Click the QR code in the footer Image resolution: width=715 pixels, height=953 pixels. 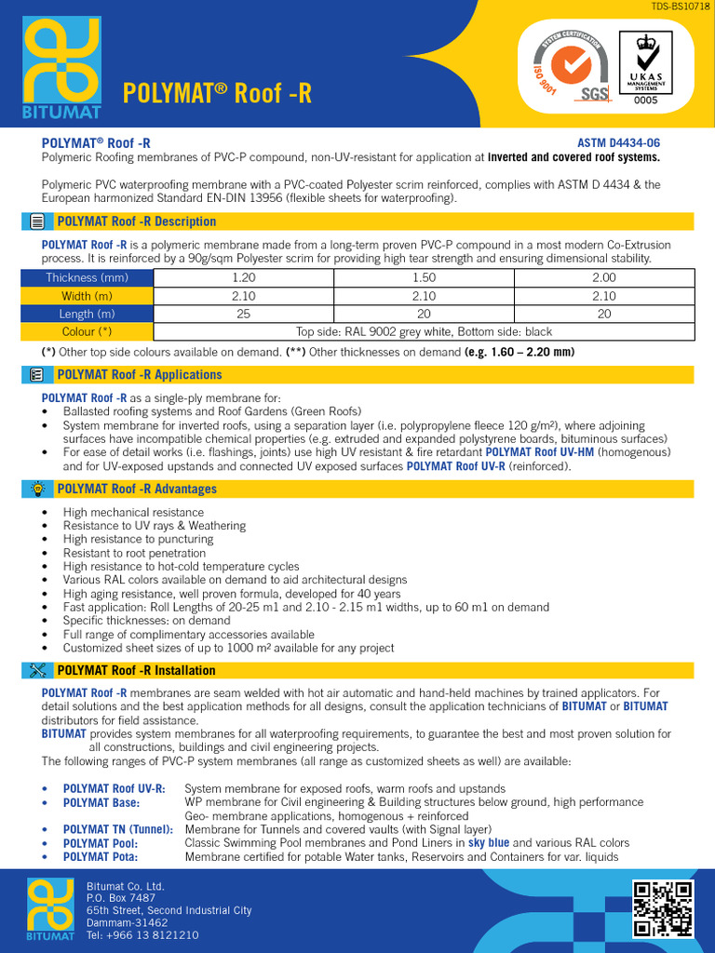663,907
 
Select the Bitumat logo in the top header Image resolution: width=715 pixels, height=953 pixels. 61,67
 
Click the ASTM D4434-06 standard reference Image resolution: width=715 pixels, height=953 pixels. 619,143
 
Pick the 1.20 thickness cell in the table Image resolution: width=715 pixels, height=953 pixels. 243,277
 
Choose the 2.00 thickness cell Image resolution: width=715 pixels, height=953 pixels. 604,277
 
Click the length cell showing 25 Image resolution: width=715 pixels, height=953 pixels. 243,314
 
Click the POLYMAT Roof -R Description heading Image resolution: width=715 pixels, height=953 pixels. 136,221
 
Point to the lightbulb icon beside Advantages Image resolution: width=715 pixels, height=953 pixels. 37,489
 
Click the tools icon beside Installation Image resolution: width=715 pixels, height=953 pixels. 37,670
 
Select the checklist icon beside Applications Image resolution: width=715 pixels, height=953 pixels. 37,374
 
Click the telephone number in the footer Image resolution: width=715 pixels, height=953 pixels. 142,935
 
